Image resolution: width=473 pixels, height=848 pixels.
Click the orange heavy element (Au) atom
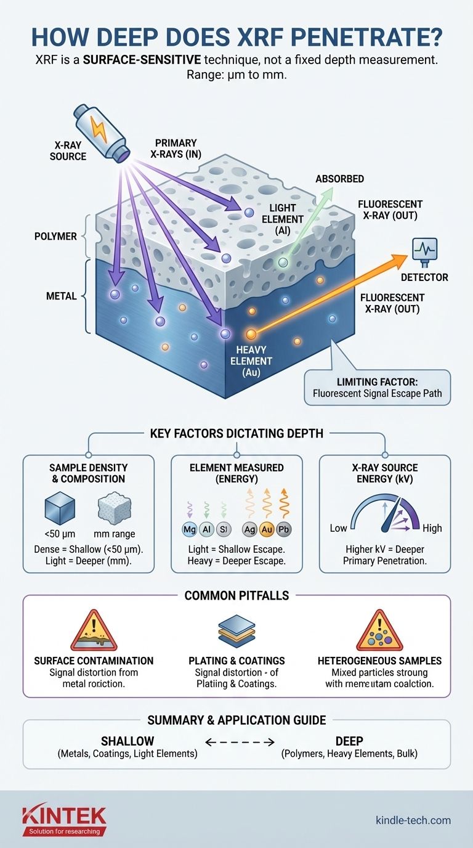pyautogui.click(x=251, y=335)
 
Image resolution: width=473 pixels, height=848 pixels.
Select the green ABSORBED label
pyautogui.click(x=339, y=179)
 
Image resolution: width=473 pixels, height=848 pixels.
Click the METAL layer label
pyautogui.click(x=61, y=296)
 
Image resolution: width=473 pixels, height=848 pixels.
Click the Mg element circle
pyautogui.click(x=189, y=528)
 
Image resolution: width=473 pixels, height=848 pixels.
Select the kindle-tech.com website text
pyautogui.click(x=413, y=820)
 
